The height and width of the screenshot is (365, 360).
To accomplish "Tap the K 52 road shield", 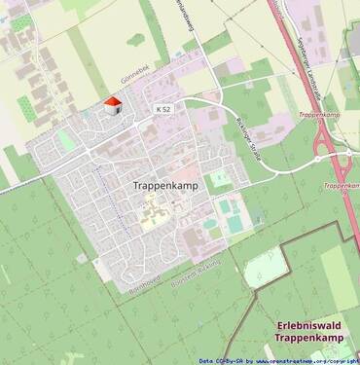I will coord(162,109).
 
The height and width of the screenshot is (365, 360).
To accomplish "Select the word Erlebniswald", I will coord(309,326).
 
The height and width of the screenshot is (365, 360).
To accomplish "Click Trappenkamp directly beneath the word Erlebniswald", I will coord(308,341).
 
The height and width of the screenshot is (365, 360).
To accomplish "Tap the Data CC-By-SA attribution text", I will coord(219,359).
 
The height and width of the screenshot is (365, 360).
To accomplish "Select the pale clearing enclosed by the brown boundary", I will coord(264,267).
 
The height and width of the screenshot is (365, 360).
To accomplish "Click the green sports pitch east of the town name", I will coord(233,214).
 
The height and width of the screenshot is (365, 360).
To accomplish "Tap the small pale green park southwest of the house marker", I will coord(65,141).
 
